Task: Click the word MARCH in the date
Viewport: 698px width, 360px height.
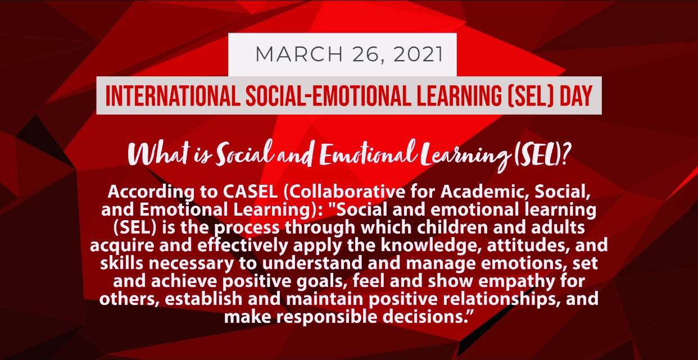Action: click(x=299, y=54)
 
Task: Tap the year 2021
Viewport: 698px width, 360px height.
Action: click(x=418, y=54)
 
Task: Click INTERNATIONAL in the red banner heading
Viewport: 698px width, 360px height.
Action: click(x=173, y=95)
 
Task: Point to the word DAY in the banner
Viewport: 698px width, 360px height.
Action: click(x=576, y=95)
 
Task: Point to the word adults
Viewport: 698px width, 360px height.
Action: click(x=558, y=227)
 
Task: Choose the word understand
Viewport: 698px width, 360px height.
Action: click(x=312, y=263)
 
